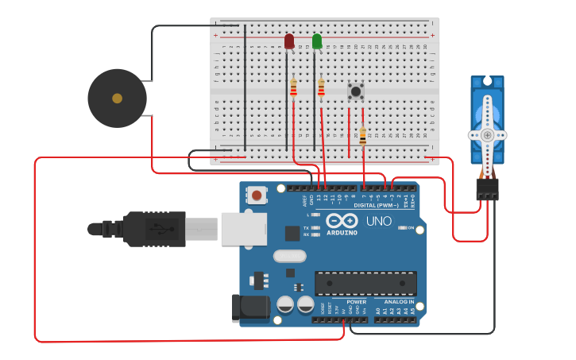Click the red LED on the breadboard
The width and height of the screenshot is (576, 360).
(x=289, y=41)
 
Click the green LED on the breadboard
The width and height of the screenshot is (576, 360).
(x=317, y=41)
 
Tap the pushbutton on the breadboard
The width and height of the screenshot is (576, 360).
(x=356, y=91)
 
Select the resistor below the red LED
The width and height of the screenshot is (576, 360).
(x=293, y=87)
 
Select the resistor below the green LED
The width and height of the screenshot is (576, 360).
(x=321, y=87)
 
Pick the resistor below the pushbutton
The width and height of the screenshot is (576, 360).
(x=363, y=137)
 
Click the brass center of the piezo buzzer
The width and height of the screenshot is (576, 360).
(x=118, y=99)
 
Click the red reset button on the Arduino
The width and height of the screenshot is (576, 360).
(x=257, y=194)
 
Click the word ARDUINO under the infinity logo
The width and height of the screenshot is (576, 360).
(x=342, y=233)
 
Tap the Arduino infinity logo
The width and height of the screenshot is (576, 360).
(x=342, y=220)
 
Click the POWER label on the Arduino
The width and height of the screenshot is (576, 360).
(x=357, y=302)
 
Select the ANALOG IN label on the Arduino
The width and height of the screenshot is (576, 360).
(x=399, y=302)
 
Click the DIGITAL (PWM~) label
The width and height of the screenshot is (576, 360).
(x=371, y=205)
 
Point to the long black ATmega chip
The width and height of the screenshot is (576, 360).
(x=365, y=283)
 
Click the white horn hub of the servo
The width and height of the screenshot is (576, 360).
(x=487, y=135)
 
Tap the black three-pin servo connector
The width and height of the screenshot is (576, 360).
(x=487, y=188)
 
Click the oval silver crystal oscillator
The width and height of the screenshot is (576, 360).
(x=289, y=256)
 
